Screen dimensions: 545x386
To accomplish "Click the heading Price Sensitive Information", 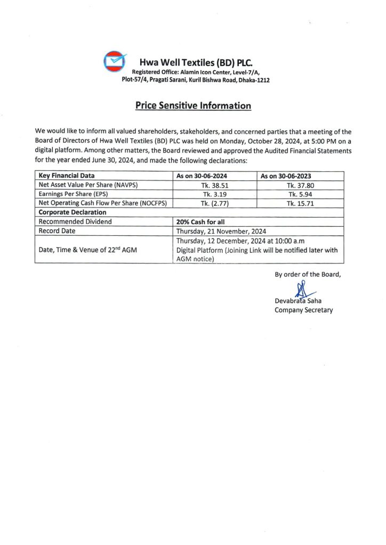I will tap(193, 105).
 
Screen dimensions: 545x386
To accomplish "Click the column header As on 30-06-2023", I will tap(286, 175).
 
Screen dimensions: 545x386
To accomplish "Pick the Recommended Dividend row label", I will tap(75, 222).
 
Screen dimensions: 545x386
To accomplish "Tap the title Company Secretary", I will tap(303, 310).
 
